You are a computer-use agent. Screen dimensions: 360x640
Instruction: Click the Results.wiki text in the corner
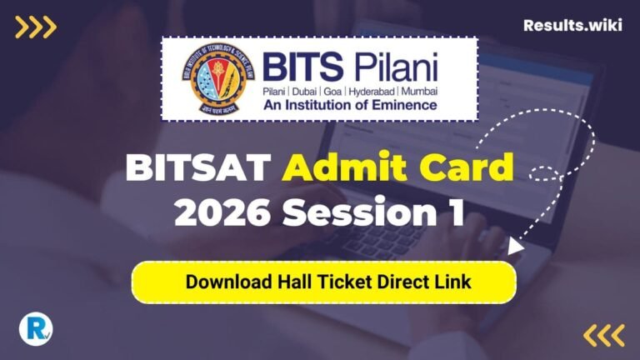tap(572, 25)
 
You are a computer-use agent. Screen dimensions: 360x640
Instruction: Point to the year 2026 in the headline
tap(222, 214)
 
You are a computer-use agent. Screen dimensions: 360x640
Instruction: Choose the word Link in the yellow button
tap(454, 282)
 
